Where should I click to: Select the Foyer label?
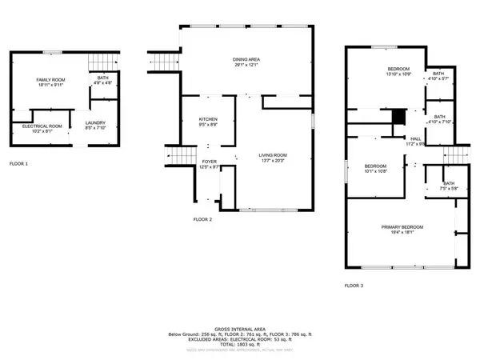click(209, 165)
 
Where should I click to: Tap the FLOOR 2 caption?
click(203, 219)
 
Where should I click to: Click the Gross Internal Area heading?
click(240, 328)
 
